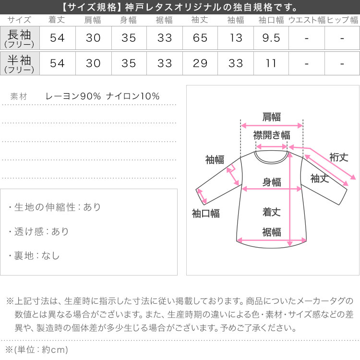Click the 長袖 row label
click(19, 38)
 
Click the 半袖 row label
click(19, 63)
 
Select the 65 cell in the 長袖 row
click(200, 38)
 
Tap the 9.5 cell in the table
click(271, 38)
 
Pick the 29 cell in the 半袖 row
click(200, 63)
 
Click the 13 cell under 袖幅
click(236, 38)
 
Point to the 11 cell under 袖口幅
click(271, 63)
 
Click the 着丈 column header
click(57, 20)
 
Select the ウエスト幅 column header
click(307, 20)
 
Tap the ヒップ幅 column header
click(342, 20)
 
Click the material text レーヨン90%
click(73, 96)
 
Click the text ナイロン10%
click(133, 96)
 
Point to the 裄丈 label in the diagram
click(339, 157)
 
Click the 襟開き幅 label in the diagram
click(272, 135)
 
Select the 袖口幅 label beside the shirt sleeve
click(206, 214)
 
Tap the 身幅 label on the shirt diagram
click(272, 182)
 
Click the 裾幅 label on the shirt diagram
click(272, 232)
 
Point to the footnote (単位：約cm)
click(37, 349)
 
